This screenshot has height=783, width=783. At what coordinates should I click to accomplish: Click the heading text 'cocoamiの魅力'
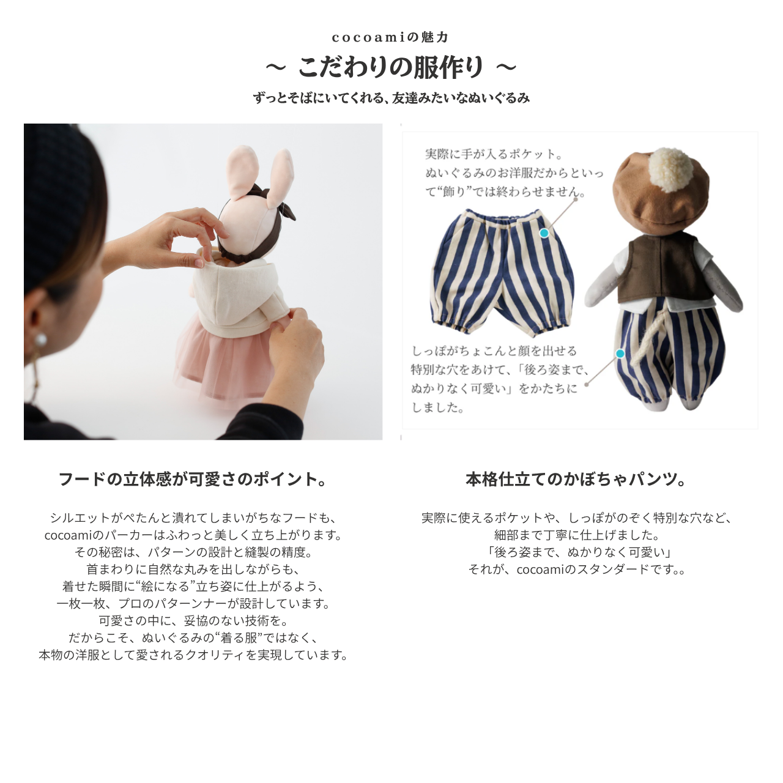390,37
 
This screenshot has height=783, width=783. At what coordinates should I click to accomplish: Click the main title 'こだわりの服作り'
390,67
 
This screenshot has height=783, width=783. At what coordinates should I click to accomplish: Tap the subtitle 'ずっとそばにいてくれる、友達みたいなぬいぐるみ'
391,98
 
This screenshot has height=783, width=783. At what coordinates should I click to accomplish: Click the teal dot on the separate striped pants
544,233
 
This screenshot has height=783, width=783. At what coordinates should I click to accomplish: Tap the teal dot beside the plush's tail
620,354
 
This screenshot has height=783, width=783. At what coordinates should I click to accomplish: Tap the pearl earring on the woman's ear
41,339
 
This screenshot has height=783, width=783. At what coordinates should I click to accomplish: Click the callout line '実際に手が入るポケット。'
494,154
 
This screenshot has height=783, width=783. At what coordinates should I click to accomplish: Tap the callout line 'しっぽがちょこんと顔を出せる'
494,351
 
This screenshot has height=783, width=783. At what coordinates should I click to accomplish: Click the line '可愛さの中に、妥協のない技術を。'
193,620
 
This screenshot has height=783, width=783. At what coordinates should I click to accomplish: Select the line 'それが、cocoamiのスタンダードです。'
576,569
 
